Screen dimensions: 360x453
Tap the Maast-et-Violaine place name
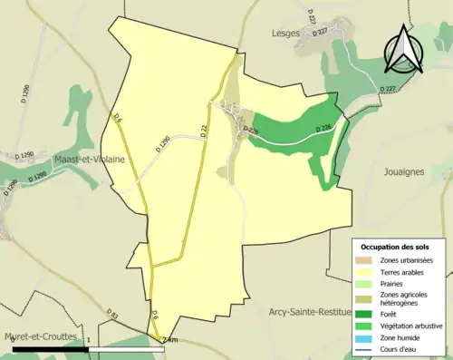pyautogui.click(x=89, y=158)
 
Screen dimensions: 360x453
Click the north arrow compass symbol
pyautogui.click(x=403, y=49)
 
